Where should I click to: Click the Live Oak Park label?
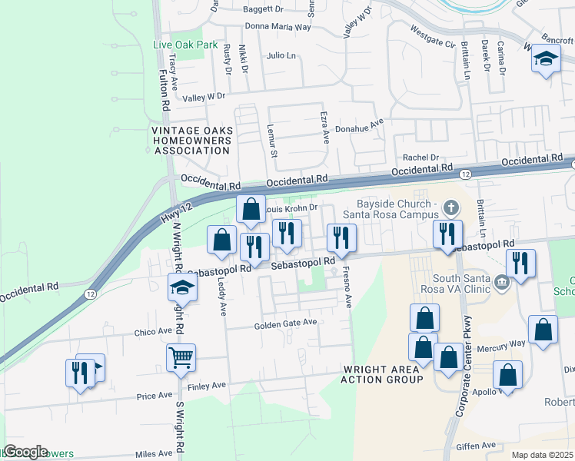pos(185,45)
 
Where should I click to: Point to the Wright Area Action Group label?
pos(381,374)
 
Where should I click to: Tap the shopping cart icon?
pos(181,356)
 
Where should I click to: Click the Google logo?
pos(25,452)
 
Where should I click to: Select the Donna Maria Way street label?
pos(278,26)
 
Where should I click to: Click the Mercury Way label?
pos(506,343)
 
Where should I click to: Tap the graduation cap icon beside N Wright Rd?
pos(183,287)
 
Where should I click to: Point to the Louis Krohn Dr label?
pos(291,207)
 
